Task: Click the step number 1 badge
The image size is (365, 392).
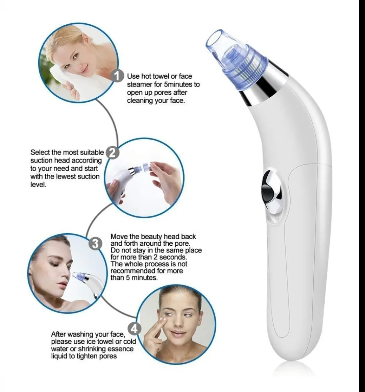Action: pyautogui.click(x=117, y=76)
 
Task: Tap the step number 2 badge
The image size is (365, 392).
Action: pyautogui.click(x=113, y=153)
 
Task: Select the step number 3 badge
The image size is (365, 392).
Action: pyautogui.click(x=96, y=243)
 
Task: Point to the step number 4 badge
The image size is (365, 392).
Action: pyautogui.click(x=134, y=328)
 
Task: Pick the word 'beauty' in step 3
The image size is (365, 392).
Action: pyautogui.click(x=151, y=237)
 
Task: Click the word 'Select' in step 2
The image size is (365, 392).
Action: pyautogui.click(x=40, y=152)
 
